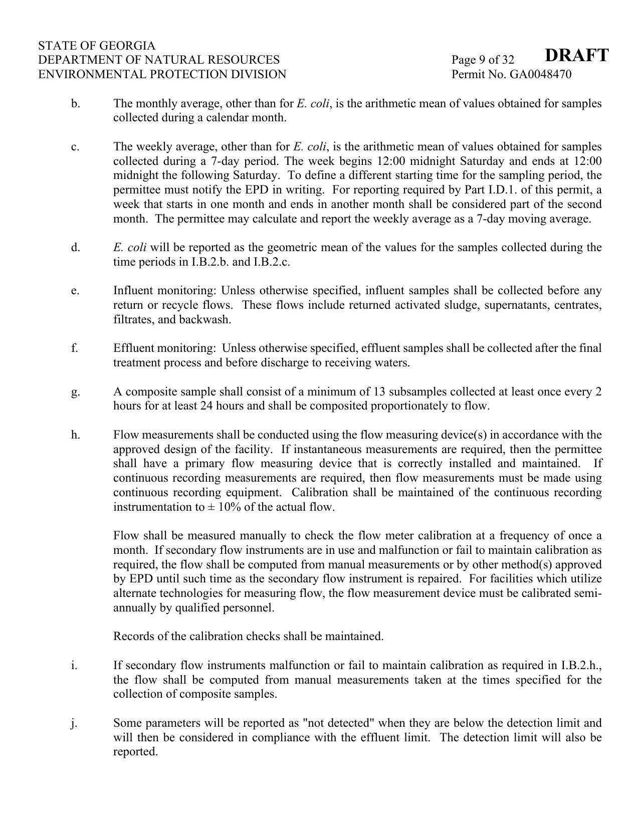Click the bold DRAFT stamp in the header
click(x=576, y=55)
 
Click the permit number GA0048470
click(x=540, y=75)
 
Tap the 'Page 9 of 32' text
click(x=483, y=60)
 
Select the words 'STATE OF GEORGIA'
click(x=97, y=46)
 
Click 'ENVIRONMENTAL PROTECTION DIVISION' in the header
click(x=162, y=75)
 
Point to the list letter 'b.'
click(x=76, y=104)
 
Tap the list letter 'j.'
click(x=74, y=723)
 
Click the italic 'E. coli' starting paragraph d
click(x=130, y=248)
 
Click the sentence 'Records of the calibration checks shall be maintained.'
click(x=248, y=637)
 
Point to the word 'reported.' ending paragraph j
click(x=136, y=752)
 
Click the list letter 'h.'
click(x=76, y=435)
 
